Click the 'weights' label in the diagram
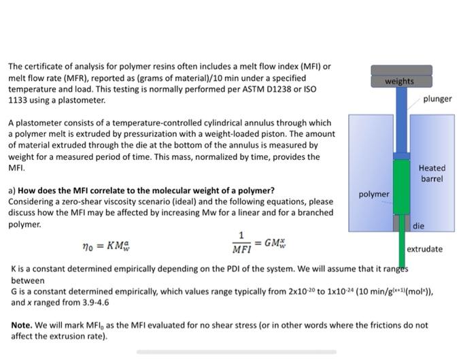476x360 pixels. coord(399,81)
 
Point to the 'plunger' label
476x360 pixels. coord(437,99)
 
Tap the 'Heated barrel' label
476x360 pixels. coord(432,174)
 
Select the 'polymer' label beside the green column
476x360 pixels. coord(374,194)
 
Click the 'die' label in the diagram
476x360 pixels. coord(418,225)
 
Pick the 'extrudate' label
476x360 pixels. coord(425,249)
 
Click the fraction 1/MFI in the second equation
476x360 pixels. coord(241,242)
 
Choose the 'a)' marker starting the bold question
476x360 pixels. coord(12,191)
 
